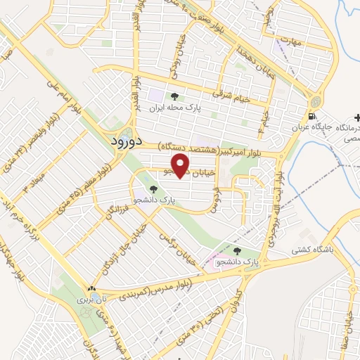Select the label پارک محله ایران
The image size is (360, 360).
(x=179, y=109)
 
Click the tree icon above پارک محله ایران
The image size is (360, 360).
(x=174, y=97)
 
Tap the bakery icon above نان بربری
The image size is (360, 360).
(x=91, y=288)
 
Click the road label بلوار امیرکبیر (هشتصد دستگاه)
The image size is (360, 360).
(x=220, y=148)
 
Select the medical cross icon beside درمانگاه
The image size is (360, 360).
(x=358, y=117)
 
